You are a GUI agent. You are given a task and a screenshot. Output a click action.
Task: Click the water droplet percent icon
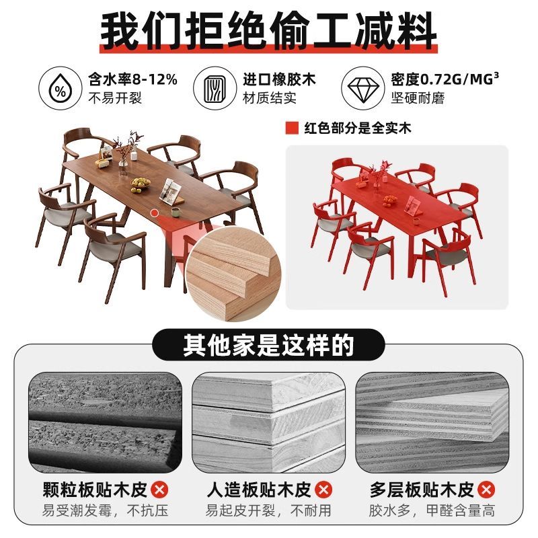61,89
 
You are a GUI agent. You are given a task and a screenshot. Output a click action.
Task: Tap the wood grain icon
214,89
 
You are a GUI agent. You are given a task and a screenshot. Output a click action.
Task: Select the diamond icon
363,89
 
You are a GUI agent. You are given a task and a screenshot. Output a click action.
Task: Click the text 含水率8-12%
132,79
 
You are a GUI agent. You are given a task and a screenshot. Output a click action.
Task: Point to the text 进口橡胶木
279,79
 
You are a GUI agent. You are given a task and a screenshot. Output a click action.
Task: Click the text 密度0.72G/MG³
445,79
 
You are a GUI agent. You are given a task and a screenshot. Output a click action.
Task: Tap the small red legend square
292,128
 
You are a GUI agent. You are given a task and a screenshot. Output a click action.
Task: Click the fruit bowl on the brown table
141,184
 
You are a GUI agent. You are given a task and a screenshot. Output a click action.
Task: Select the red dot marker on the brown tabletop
155,213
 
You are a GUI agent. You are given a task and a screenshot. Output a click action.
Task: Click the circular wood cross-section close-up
234,274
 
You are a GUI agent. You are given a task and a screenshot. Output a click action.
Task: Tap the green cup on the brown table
176,212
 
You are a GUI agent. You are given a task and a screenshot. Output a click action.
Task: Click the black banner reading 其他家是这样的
268,344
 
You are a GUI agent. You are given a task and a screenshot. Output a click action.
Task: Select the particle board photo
105,422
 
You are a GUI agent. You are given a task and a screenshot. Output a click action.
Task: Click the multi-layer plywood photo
432,422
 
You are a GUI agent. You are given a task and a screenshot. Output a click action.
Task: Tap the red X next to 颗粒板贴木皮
159,490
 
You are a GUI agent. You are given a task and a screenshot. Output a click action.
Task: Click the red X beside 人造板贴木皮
323,490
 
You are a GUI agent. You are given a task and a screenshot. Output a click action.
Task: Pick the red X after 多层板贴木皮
486,490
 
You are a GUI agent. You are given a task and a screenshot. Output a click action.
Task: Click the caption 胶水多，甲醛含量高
432,510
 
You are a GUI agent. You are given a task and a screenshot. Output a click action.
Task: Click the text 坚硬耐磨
418,98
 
